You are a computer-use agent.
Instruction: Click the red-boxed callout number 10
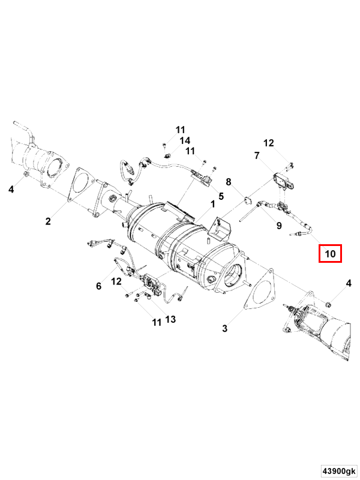click(x=330, y=254)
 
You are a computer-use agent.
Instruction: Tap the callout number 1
click(x=212, y=204)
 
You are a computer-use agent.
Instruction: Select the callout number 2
click(x=48, y=221)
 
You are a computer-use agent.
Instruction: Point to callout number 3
click(x=224, y=328)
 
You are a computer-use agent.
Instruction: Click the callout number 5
click(x=221, y=196)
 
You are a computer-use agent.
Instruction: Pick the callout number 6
click(x=98, y=286)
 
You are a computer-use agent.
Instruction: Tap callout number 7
click(x=257, y=155)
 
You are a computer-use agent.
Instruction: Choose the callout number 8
click(x=229, y=182)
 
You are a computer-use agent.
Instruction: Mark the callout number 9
click(x=279, y=226)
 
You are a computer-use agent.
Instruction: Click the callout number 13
click(x=170, y=319)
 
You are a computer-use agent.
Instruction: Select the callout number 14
click(x=185, y=140)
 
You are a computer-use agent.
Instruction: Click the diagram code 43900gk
click(x=339, y=471)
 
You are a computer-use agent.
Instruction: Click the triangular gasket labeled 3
click(x=259, y=289)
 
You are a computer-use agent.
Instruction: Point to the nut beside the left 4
click(x=26, y=175)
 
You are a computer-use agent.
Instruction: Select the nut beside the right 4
click(x=328, y=304)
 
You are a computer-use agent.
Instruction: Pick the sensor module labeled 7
click(x=284, y=180)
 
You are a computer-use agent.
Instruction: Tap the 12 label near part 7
click(x=268, y=143)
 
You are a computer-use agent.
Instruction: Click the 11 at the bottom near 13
click(x=157, y=322)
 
